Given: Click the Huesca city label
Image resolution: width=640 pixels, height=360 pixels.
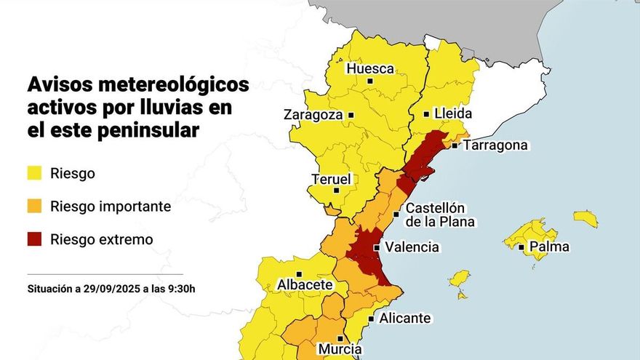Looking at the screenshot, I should tap(371, 69).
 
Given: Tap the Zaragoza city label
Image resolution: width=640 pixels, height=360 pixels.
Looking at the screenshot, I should tap(313, 115).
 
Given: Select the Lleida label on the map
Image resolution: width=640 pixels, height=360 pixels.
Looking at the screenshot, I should tap(452, 114).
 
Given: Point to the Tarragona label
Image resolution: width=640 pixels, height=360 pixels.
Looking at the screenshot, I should tap(495, 145).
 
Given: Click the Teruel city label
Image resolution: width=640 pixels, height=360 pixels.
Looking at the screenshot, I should tap(331, 179).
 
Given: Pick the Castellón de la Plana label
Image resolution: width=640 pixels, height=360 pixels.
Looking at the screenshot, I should tap(435, 215).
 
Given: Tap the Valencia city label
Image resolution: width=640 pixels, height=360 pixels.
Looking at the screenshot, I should tap(412, 247).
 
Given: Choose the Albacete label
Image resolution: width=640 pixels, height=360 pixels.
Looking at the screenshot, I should tap(305, 285).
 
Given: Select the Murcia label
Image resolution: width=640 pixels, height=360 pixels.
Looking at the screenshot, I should tap(340, 349).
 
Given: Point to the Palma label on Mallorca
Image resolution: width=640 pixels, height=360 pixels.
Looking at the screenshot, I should tap(549, 247).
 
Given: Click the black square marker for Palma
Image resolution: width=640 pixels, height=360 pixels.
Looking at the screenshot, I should tap(521, 247).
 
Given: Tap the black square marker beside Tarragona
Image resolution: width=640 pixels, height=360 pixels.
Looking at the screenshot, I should tap(455, 145).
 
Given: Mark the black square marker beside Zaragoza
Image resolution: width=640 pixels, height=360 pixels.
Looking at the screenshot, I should tap(351, 115).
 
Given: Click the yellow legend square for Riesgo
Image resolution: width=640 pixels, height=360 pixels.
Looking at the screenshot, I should tap(34, 173).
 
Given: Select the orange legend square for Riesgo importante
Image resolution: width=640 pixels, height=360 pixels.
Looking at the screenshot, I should tap(34, 207).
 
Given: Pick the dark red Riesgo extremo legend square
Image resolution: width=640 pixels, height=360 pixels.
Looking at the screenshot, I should tap(34, 239).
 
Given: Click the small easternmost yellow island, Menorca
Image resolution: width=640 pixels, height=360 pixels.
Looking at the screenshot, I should tap(585, 218).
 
